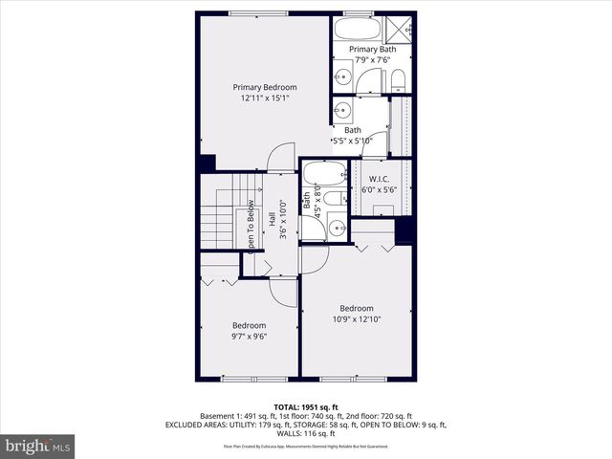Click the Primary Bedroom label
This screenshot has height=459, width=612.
click(265, 87)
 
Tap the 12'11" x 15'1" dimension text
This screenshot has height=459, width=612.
click(265, 98)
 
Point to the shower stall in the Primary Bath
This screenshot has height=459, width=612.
click(400, 28)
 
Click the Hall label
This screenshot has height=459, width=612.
click(272, 219)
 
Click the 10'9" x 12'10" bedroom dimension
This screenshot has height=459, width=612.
click(357, 319)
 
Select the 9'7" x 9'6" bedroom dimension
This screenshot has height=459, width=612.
click(249, 336)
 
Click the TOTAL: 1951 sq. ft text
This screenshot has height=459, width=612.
click(306, 406)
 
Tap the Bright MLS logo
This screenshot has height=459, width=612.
click(38, 446)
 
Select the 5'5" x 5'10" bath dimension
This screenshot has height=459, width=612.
click(353, 141)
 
